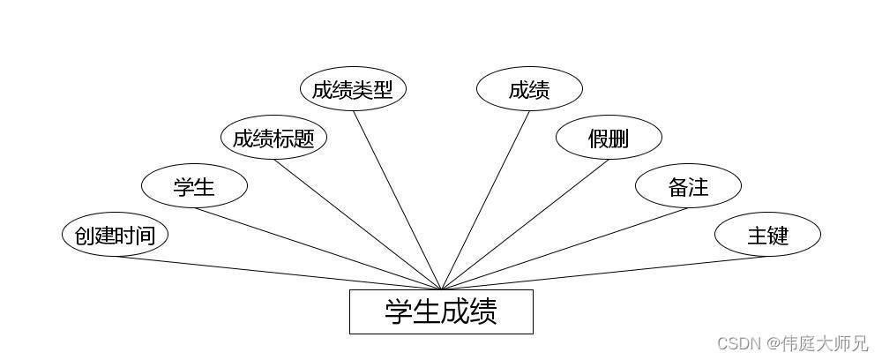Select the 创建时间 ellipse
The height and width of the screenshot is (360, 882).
115,235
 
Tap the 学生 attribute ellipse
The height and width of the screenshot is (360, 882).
194,186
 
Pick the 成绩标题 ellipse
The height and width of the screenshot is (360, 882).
273,138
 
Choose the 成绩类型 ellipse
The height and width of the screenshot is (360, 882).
353,89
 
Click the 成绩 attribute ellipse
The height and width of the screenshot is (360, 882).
529,89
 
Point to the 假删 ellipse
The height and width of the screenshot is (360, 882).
609,138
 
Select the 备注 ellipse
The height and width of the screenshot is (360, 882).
688,186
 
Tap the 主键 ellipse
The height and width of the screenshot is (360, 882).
767,235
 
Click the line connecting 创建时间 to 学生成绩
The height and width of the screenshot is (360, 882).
278,273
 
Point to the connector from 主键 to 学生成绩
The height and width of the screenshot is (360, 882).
604,273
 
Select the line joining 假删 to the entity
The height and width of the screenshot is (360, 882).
525,224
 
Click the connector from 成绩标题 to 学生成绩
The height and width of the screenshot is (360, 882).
357,224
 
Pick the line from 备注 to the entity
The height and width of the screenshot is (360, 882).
564,249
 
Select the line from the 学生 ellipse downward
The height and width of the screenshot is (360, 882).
318,249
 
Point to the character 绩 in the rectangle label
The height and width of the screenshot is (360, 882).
483,311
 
